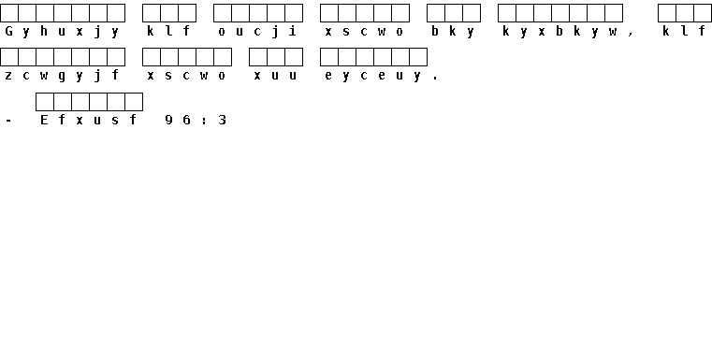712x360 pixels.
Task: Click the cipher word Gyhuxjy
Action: click(x=62, y=32)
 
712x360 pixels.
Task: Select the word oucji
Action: click(x=257, y=32)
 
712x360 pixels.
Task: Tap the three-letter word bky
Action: click(x=453, y=32)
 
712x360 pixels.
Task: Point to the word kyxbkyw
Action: click(x=559, y=32)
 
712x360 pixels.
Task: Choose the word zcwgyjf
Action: click(x=62, y=76)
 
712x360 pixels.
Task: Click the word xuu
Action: click(x=275, y=76)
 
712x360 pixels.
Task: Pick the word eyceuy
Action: click(x=372, y=77)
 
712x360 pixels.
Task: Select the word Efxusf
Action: click(x=89, y=120)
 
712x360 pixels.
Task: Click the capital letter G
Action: click(x=8, y=31)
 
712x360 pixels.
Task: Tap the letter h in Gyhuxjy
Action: click(x=44, y=31)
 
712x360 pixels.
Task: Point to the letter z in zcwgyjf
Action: click(x=8, y=76)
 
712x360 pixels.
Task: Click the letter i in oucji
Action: click(x=293, y=31)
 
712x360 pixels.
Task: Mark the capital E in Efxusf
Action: click(x=44, y=120)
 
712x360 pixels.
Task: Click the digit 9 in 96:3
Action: click(x=168, y=120)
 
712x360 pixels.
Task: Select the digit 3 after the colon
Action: click(x=222, y=120)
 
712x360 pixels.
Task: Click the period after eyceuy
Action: click(x=435, y=79)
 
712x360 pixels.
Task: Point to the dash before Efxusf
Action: click(x=8, y=121)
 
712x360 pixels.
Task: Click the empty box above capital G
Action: click(x=9, y=13)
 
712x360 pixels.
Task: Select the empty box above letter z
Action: click(x=9, y=57)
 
